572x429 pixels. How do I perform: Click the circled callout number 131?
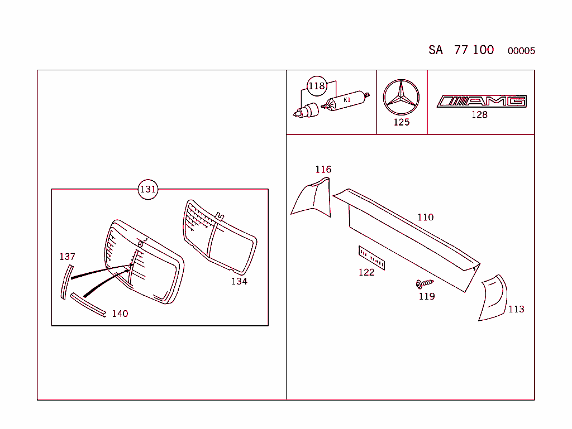tap(148, 189)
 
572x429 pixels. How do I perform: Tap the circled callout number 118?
tap(317, 86)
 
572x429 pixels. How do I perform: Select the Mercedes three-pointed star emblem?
tap(401, 97)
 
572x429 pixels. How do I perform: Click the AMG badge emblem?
tap(482, 101)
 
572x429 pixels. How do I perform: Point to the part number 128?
tap(479, 115)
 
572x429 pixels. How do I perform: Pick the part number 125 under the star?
tap(401, 122)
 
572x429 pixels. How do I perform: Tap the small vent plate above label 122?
tap(371, 258)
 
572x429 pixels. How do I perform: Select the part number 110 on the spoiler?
tap(425, 217)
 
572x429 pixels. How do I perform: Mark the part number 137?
tap(67, 257)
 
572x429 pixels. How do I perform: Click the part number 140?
tap(120, 314)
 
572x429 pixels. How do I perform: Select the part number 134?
tap(239, 281)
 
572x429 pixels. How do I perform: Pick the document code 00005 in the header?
tap(521, 51)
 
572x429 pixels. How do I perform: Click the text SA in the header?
tap(436, 50)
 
